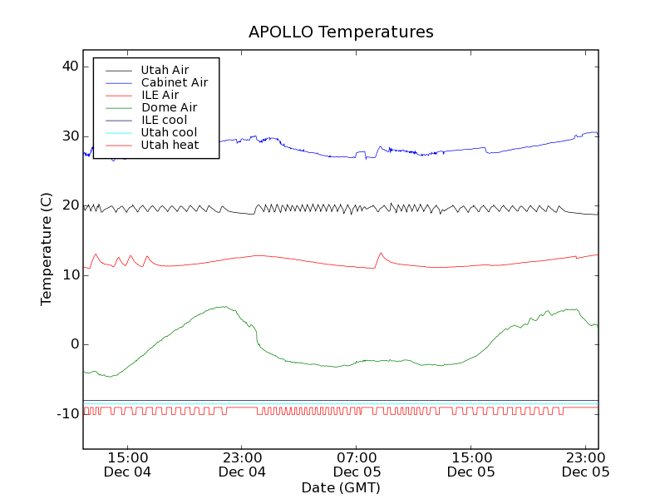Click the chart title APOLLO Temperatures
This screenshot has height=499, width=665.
[341, 32]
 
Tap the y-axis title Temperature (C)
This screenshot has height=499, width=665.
[47, 249]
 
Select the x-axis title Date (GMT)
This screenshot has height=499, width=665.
[341, 487]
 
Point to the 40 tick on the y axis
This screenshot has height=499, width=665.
[70, 67]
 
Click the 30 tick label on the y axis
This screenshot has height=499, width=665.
[70, 136]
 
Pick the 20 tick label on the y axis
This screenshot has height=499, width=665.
[70, 205]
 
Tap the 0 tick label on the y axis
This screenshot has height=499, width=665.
[74, 344]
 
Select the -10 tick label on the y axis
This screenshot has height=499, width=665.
[67, 414]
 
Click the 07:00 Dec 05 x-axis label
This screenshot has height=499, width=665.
[357, 464]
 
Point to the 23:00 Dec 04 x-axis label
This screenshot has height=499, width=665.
[242, 464]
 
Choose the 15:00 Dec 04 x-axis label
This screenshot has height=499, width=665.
[128, 464]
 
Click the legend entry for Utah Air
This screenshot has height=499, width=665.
[165, 70]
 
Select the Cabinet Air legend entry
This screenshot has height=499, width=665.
[174, 82]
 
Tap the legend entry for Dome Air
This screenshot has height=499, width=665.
[169, 107]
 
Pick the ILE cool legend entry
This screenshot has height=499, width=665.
[164, 120]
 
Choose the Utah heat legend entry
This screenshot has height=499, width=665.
[170, 145]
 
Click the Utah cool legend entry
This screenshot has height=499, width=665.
[169, 132]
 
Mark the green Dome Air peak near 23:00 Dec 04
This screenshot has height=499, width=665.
[223, 306]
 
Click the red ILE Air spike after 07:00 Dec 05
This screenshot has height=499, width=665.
[381, 253]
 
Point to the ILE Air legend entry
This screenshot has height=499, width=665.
[160, 95]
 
